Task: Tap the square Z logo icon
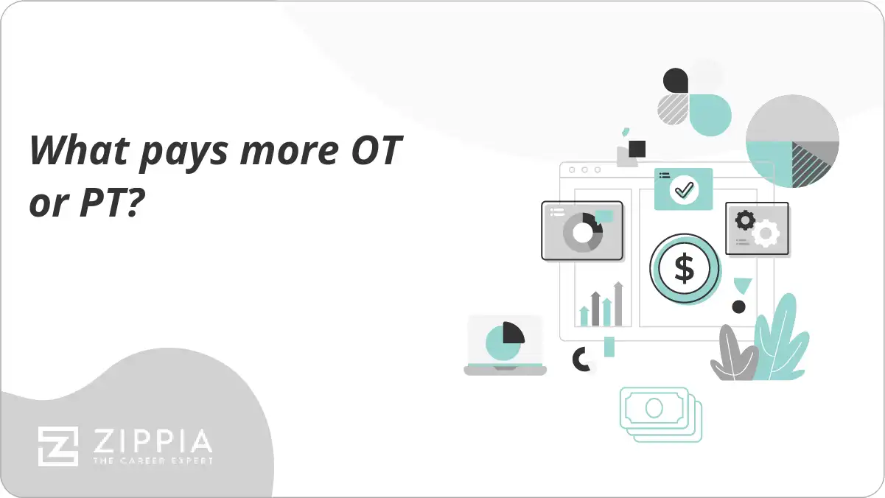coord(58,446)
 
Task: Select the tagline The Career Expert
coord(152,460)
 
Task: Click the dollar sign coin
coord(685,269)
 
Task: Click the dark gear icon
coord(745,220)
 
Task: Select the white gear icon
coord(766,233)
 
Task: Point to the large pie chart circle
coord(792,141)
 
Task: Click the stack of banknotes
coord(660,413)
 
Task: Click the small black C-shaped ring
coord(582,359)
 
